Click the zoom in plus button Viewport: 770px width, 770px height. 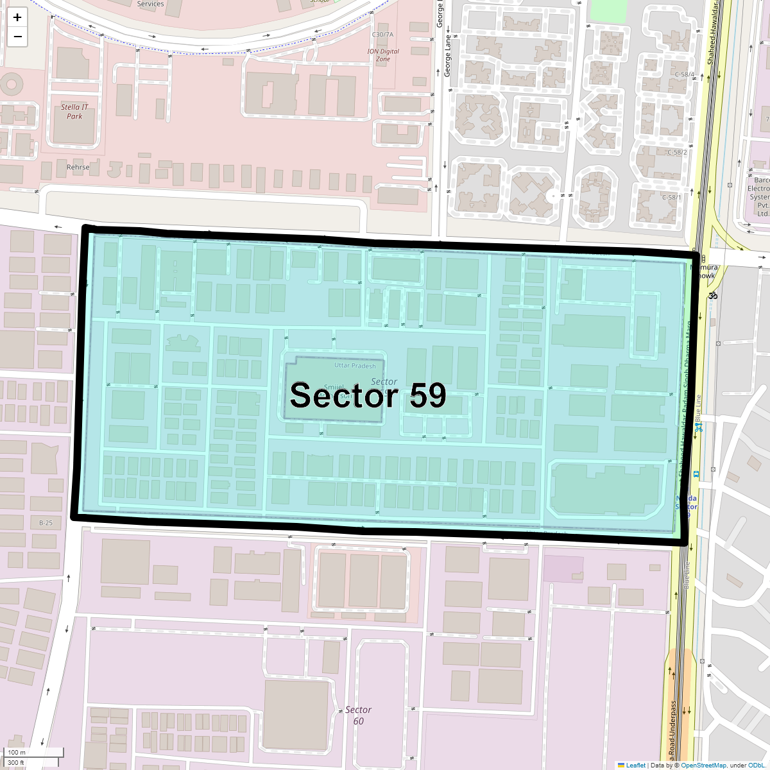pyautogui.click(x=17, y=17)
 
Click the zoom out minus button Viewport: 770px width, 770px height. pyautogui.click(x=17, y=37)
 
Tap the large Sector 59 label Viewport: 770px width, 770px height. pyautogui.click(x=368, y=395)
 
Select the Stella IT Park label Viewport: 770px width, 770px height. pyautogui.click(x=74, y=112)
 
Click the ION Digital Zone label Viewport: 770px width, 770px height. pyautogui.click(x=383, y=55)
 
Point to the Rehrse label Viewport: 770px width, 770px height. pyautogui.click(x=78, y=167)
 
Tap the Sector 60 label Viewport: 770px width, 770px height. pyautogui.click(x=358, y=715)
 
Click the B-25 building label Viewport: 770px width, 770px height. pyautogui.click(x=46, y=523)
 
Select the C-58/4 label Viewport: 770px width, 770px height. pyautogui.click(x=685, y=75)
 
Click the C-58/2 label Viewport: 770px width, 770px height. pyautogui.click(x=677, y=153)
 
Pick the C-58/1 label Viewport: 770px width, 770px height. pyautogui.click(x=672, y=198)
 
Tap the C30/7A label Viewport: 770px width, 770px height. pyautogui.click(x=382, y=35)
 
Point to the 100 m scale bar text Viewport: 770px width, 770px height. pyautogui.click(x=17, y=753)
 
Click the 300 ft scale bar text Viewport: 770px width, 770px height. pyautogui.click(x=16, y=763)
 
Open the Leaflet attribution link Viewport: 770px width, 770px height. pyautogui.click(x=635, y=765)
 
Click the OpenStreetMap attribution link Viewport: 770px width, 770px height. pyautogui.click(x=703, y=765)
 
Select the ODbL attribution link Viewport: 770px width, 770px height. pyautogui.click(x=756, y=765)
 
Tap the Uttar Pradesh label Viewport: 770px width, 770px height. pyautogui.click(x=355, y=366)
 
